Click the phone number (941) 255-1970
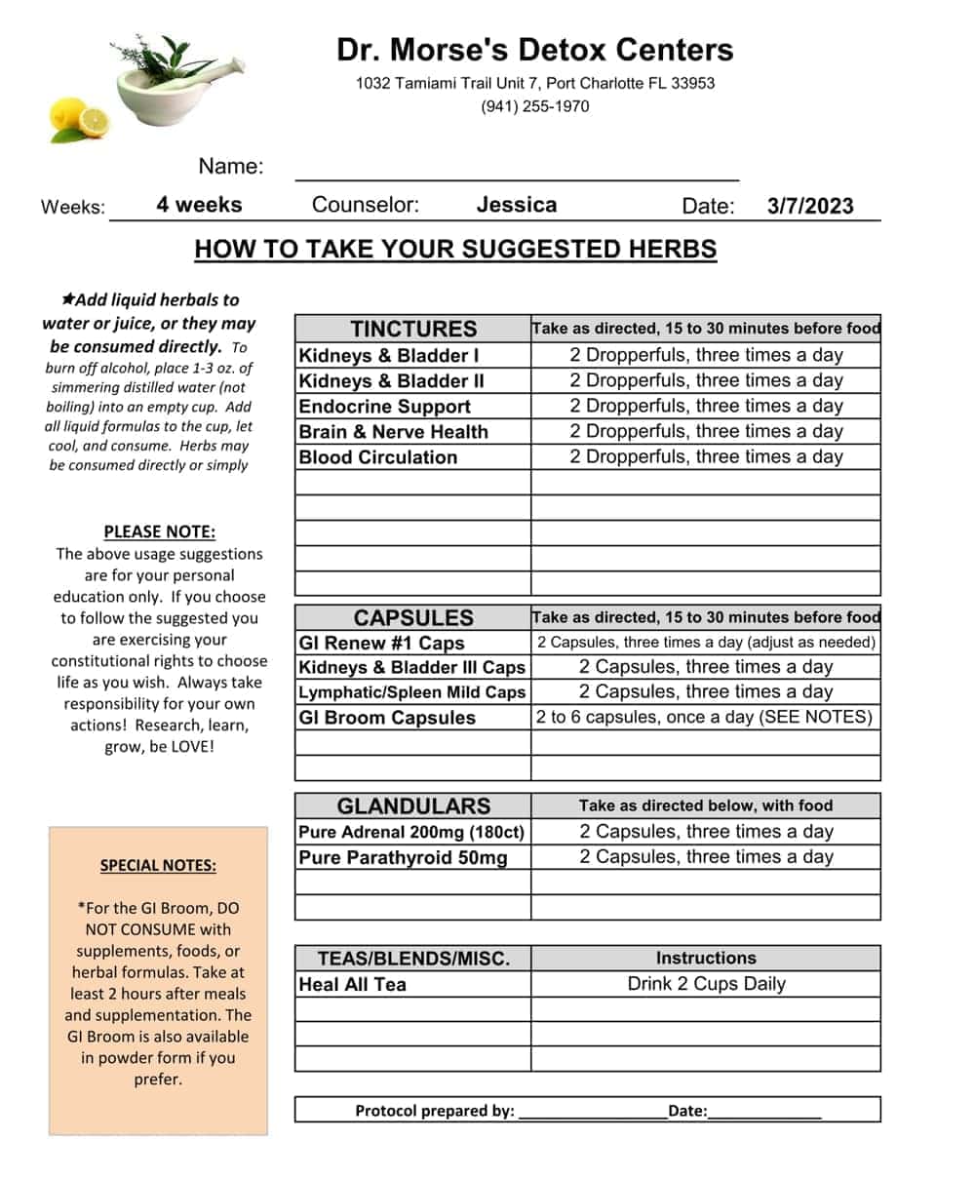pyautogui.click(x=534, y=106)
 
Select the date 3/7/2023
pyautogui.click(x=809, y=206)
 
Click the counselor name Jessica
pyautogui.click(x=517, y=205)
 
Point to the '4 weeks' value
pyautogui.click(x=199, y=205)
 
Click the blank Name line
pyautogui.click(x=517, y=171)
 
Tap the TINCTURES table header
pyautogui.click(x=413, y=329)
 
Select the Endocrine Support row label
pyautogui.click(x=384, y=407)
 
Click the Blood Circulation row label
pyautogui.click(x=377, y=457)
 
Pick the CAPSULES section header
pyautogui.click(x=413, y=617)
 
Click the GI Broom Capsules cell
pyautogui.click(x=387, y=718)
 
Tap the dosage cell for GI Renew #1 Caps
pyautogui.click(x=706, y=643)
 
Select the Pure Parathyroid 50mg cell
pyautogui.click(x=403, y=858)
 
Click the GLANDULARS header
pyautogui.click(x=413, y=806)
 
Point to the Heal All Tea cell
pyautogui.click(x=352, y=985)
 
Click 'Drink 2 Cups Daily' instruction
pyautogui.click(x=706, y=984)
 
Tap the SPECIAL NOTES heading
pyautogui.click(x=158, y=866)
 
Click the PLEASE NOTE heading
pyautogui.click(x=160, y=532)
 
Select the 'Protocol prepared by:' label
pyautogui.click(x=434, y=1111)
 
